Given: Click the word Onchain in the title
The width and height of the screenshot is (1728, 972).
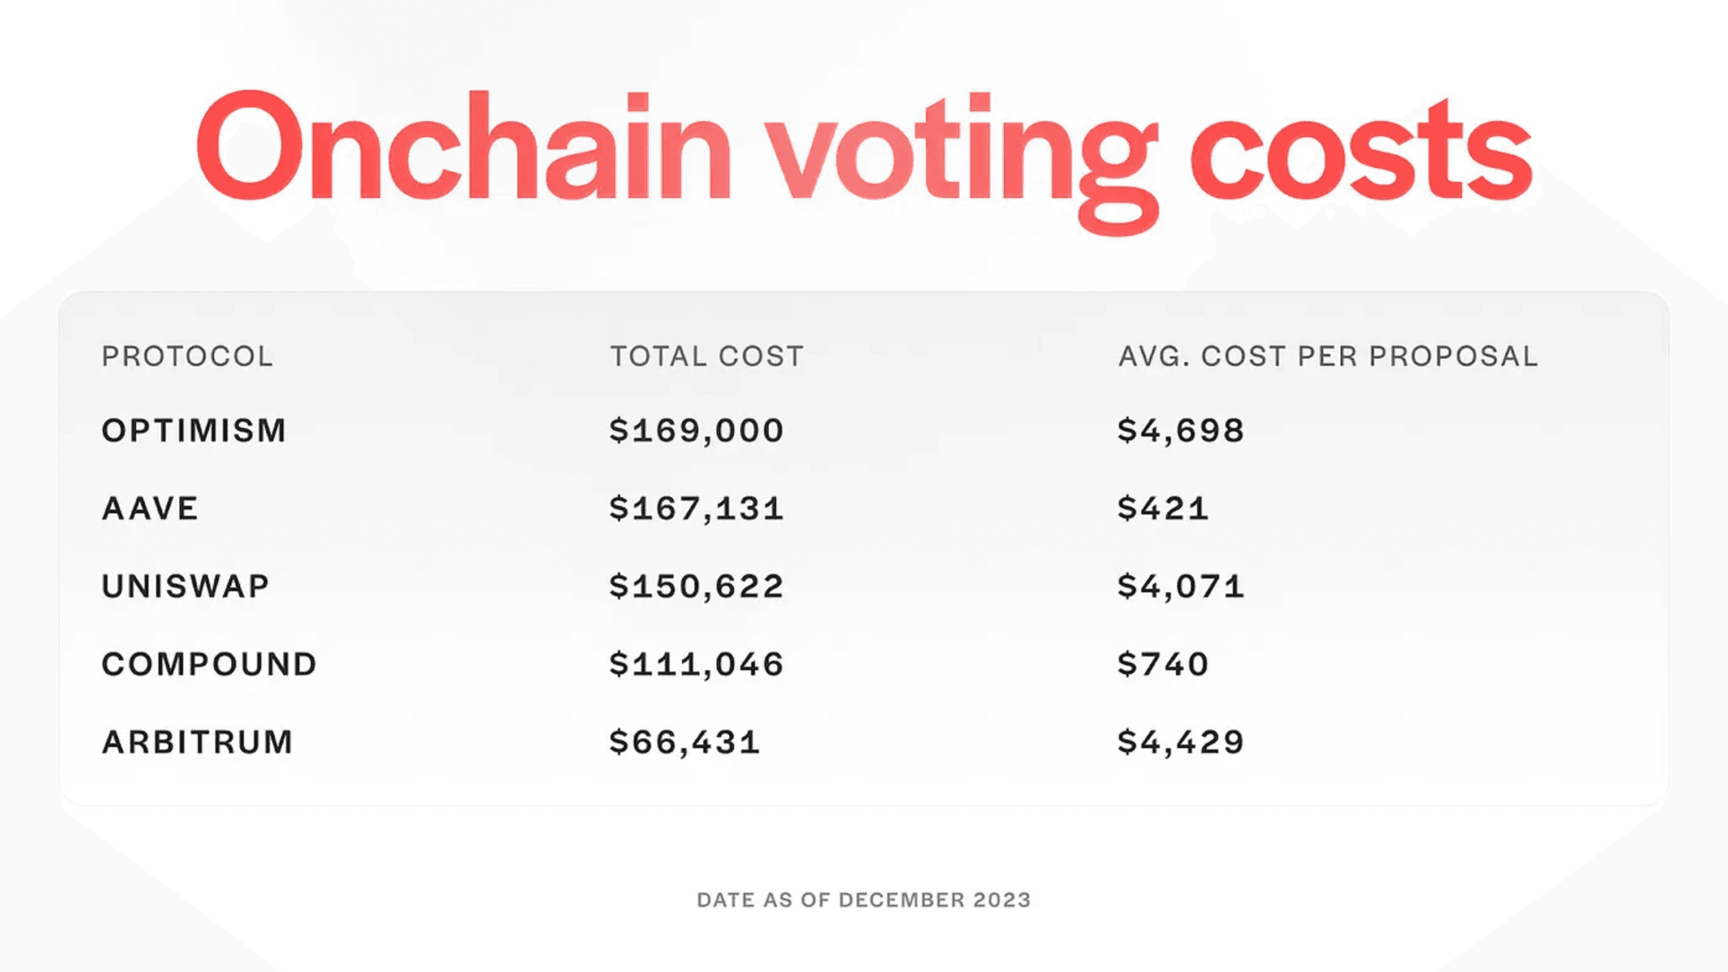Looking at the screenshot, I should tap(463, 146).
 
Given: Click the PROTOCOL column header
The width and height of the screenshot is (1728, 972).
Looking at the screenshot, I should tap(187, 356).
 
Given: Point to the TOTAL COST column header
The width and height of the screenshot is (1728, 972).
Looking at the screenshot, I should tap(706, 356).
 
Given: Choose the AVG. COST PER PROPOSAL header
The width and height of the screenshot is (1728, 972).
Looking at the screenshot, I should tap(1328, 356).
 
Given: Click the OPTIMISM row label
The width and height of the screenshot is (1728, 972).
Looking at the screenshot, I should tap(194, 430).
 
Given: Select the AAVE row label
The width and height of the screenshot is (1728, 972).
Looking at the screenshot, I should tap(150, 508).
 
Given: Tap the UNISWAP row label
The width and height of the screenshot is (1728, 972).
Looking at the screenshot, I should tap(185, 587).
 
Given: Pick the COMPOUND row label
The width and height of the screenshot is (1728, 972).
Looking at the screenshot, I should tap(209, 664).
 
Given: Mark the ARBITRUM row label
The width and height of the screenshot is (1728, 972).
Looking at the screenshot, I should tap(197, 742).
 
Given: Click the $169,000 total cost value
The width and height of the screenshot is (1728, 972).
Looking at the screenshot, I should tap(696, 430).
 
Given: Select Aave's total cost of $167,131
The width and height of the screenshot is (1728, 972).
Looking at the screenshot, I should tap(696, 508).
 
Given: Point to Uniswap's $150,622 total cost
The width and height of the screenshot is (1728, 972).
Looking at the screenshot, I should tap(696, 587).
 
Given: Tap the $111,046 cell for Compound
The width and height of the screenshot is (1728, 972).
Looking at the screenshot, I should tap(696, 664).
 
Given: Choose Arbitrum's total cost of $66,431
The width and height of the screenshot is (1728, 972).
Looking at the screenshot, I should tap(685, 742).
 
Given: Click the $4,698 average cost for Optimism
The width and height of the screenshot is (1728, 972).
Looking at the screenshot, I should tap(1181, 430).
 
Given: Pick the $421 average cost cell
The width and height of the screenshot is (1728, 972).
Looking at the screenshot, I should tap(1162, 508).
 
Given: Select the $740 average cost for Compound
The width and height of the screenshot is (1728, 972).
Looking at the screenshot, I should tap(1162, 664).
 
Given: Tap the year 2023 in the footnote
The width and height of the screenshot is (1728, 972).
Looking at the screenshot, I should tap(1001, 900).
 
